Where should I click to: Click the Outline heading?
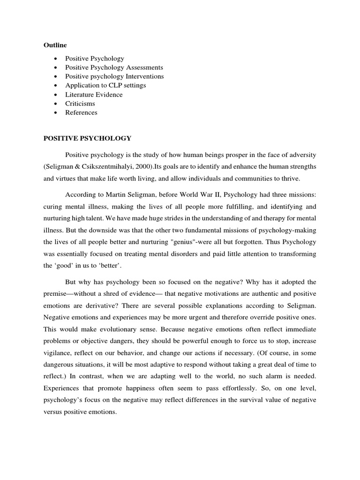coord(55,45)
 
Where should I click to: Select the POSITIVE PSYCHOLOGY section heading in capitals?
coord(88,138)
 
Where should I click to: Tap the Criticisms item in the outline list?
coord(80,104)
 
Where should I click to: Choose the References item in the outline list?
coord(82,112)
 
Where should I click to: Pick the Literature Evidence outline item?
coord(94,95)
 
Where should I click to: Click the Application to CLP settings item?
coord(105,85)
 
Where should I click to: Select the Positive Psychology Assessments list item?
coord(114,67)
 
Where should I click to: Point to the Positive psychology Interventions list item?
coord(114,76)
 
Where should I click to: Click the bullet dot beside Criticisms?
coord(56,104)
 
